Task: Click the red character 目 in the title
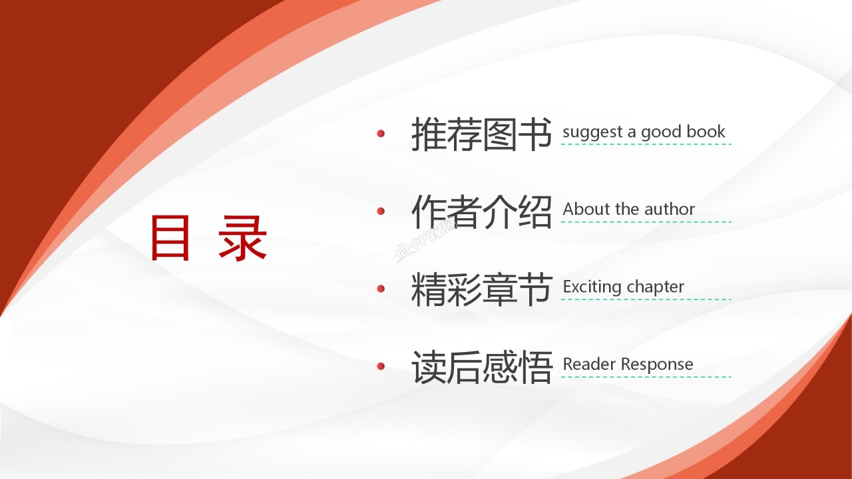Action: [x=170, y=238]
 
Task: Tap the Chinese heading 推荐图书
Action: [x=481, y=134]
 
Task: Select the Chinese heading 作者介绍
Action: [x=481, y=212]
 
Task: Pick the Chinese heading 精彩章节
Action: [x=481, y=289]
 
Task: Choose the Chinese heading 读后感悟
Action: [x=481, y=367]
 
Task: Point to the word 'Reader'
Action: [x=586, y=364]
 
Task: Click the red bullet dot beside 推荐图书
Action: [x=381, y=134]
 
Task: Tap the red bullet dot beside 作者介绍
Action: [x=381, y=211]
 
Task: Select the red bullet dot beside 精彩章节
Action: [x=381, y=289]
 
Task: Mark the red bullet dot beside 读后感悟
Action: [x=381, y=366]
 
